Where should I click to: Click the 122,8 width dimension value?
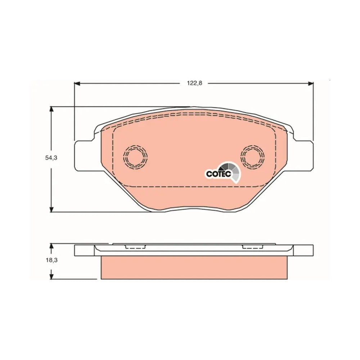tap(194, 84)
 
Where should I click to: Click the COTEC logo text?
tap(219, 174)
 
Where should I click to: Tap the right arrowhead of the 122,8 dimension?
tap(311, 84)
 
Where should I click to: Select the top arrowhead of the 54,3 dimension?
tap(51, 109)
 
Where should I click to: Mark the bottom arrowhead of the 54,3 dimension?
tap(51, 209)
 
